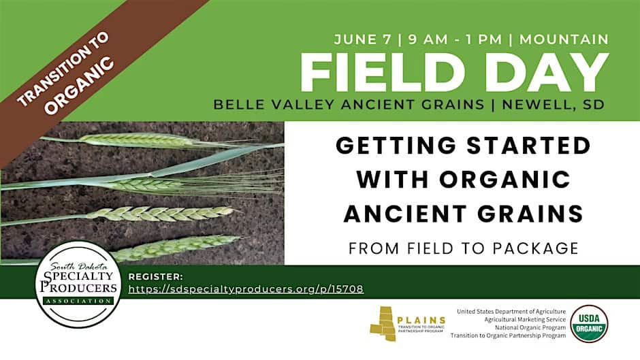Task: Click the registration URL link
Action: [x=246, y=289]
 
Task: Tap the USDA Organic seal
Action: [x=589, y=323]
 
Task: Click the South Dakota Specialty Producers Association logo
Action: [x=78, y=284]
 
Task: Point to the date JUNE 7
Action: [x=363, y=39]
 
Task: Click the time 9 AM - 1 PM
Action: [x=455, y=39]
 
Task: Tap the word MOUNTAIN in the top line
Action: [x=564, y=39]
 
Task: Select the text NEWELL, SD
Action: [x=553, y=105]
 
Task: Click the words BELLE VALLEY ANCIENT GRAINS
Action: [x=349, y=105]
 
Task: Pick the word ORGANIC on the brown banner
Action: [x=79, y=85]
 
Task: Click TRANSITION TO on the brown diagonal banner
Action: [x=63, y=69]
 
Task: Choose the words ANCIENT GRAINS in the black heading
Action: [x=463, y=214]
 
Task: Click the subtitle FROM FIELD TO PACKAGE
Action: [x=463, y=248]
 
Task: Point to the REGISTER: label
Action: [x=155, y=277]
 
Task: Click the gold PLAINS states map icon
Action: [x=383, y=323]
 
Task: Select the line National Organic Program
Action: [x=530, y=327]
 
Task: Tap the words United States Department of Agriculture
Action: [x=511, y=312]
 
